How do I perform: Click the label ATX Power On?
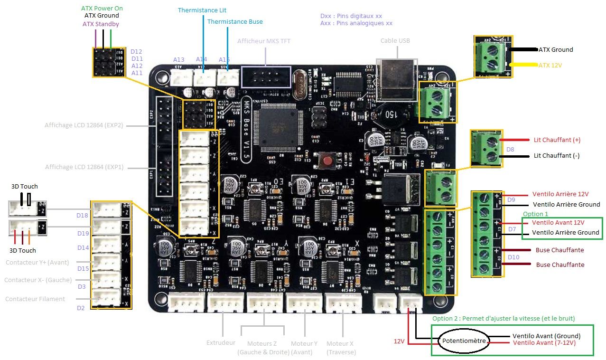[x=103, y=9]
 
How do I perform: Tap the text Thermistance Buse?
[x=235, y=21]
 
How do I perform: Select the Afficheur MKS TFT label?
[x=264, y=41]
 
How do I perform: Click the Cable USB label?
[x=395, y=40]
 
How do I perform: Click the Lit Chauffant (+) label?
[x=557, y=140]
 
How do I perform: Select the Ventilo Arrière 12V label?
[x=560, y=194]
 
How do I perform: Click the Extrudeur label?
[x=221, y=342]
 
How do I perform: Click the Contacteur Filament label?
[x=35, y=299]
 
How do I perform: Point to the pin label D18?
[x=83, y=215]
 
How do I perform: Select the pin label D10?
[x=513, y=257]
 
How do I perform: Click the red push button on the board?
[x=326, y=160]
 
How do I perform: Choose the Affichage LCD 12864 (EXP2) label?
[x=84, y=125]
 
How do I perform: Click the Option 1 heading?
[x=535, y=214]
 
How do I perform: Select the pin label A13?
[x=178, y=59]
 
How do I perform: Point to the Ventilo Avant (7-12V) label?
[x=544, y=342]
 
